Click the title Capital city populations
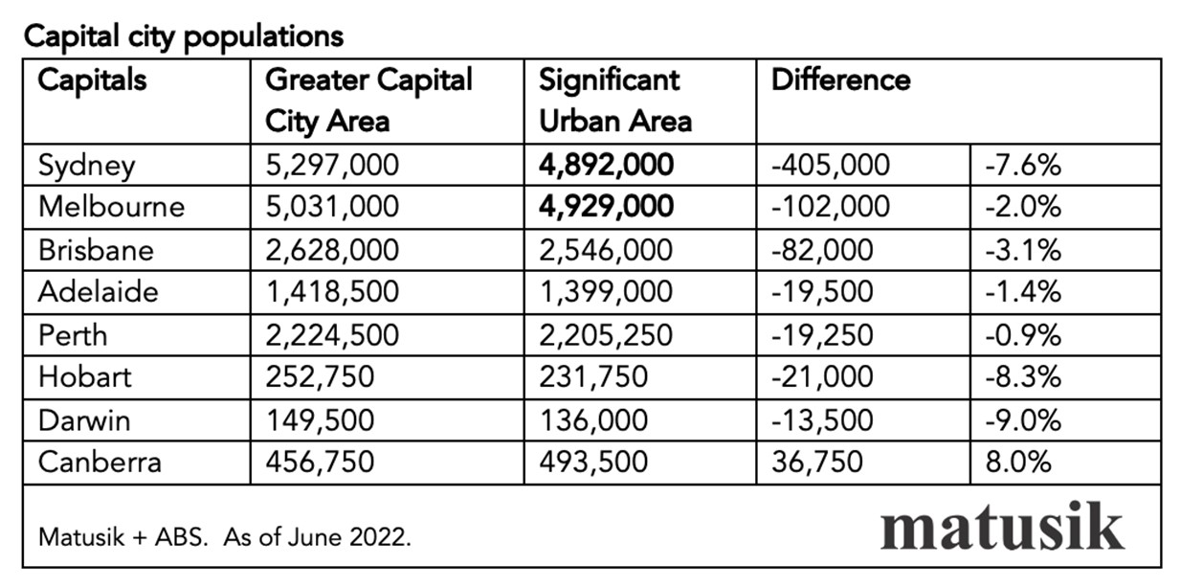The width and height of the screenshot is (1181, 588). [183, 36]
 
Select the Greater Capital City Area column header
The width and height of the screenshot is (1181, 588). [368, 101]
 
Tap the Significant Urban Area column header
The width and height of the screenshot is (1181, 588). [615, 101]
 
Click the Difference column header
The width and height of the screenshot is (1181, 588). [840, 79]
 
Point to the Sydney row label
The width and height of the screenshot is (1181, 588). [87, 165]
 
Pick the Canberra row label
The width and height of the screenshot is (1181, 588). [100, 462]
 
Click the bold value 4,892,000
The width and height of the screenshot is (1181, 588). [606, 165]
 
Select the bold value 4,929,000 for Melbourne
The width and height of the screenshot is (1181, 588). [606, 207]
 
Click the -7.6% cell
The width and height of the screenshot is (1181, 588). [1023, 165]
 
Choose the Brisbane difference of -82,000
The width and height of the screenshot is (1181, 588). [822, 250]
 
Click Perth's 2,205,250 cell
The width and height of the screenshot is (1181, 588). [606, 335]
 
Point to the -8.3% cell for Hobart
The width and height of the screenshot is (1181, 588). [1023, 377]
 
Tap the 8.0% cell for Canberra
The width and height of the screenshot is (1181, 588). [1018, 462]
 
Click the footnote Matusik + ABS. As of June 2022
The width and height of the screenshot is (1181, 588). [225, 537]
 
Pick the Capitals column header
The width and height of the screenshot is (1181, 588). [93, 79]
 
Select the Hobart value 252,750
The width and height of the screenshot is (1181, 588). [319, 377]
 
